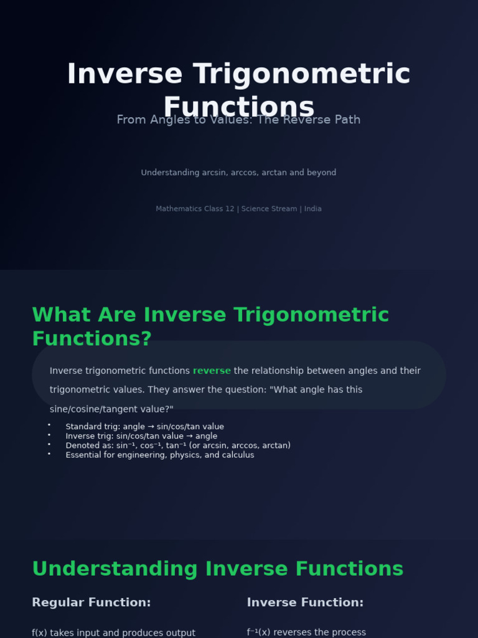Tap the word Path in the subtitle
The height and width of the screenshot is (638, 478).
pos(346,120)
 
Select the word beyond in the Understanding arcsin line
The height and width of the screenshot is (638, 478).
pos(321,173)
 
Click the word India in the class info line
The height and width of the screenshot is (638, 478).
pos(312,209)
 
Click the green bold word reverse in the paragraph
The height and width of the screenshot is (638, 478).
pos(212,371)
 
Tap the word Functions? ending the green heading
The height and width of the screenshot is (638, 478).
pos(91,339)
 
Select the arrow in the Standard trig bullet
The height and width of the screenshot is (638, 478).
pos(151,427)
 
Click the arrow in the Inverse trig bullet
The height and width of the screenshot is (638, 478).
pos(189,436)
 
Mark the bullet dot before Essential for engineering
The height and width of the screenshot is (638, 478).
pos(49,454)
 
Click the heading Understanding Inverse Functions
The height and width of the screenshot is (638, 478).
pos(217,569)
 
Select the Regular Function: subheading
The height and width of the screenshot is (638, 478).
pos(91,602)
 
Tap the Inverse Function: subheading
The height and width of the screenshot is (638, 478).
pos(305,602)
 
